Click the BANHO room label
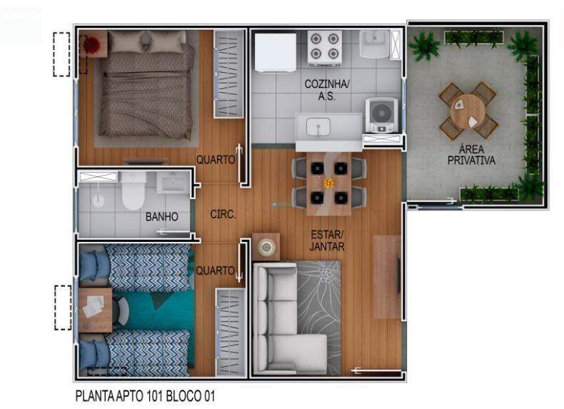coord(162,216)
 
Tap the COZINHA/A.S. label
coord(326,90)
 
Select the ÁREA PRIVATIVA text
coord(471,155)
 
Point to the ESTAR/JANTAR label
coord(327,241)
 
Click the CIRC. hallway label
coord(223,214)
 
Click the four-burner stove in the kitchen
coord(324,49)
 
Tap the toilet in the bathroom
coord(133,191)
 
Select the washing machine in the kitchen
coord(382,115)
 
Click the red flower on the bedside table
coord(91,45)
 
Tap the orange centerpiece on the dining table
coord(328,183)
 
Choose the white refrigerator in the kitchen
coord(275,53)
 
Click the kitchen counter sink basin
coord(318,127)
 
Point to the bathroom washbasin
coord(173,183)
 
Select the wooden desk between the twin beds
coord(95,310)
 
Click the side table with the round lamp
coord(266,246)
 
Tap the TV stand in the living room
coord(387,277)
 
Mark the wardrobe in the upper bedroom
coord(229,74)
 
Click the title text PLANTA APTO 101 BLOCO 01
coord(146,396)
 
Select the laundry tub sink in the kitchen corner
coord(374,44)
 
